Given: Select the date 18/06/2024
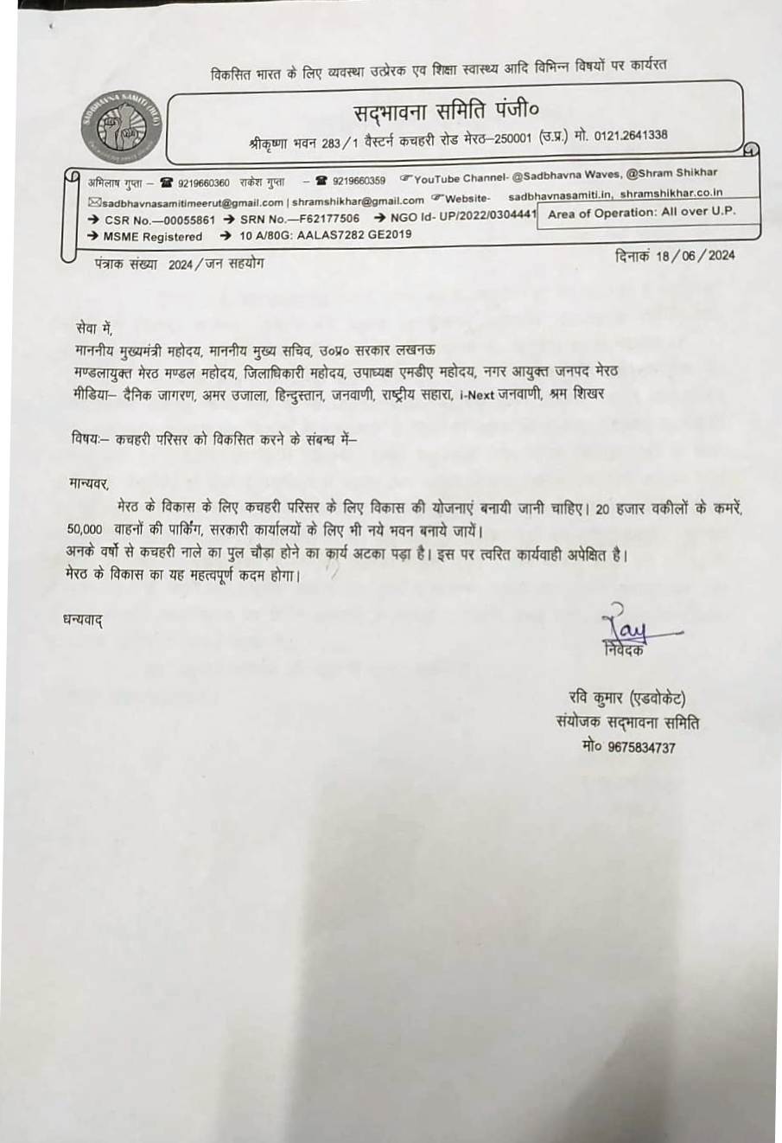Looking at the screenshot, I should tap(695, 256).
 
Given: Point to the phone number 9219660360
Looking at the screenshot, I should tap(204, 182).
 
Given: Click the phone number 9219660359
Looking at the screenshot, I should tap(359, 182).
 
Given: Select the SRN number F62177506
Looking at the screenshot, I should tap(323, 220).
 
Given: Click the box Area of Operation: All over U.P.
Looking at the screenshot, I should tap(642, 213).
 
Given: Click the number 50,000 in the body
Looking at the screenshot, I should tap(85, 529).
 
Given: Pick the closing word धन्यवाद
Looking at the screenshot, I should tap(83, 620).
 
